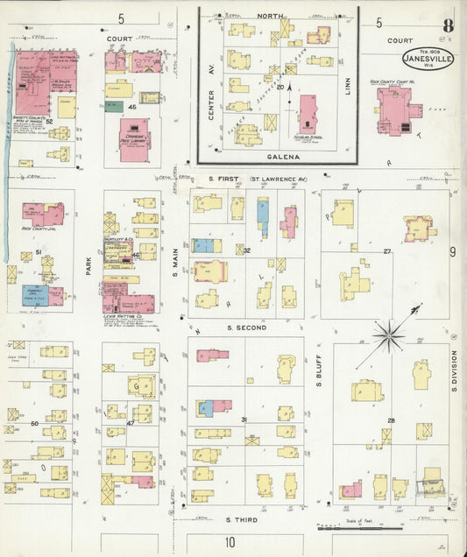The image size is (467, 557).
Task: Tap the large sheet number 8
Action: [448, 24]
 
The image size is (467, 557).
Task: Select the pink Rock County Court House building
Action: [396, 112]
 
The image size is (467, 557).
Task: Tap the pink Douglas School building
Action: [308, 114]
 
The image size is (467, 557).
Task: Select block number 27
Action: [387, 251]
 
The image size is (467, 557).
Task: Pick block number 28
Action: [392, 421]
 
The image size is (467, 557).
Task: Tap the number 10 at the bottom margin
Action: [230, 542]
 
